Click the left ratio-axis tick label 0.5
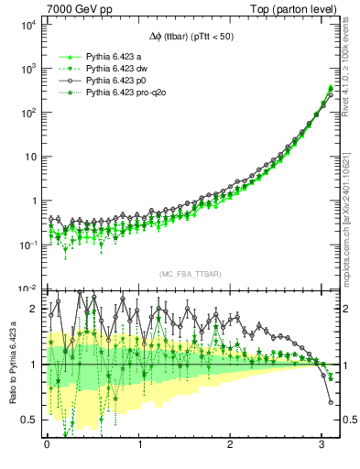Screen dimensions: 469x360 pos(27,420)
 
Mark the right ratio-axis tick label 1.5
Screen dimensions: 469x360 pos(347,336)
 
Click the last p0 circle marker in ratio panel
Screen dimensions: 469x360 pos(331,402)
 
